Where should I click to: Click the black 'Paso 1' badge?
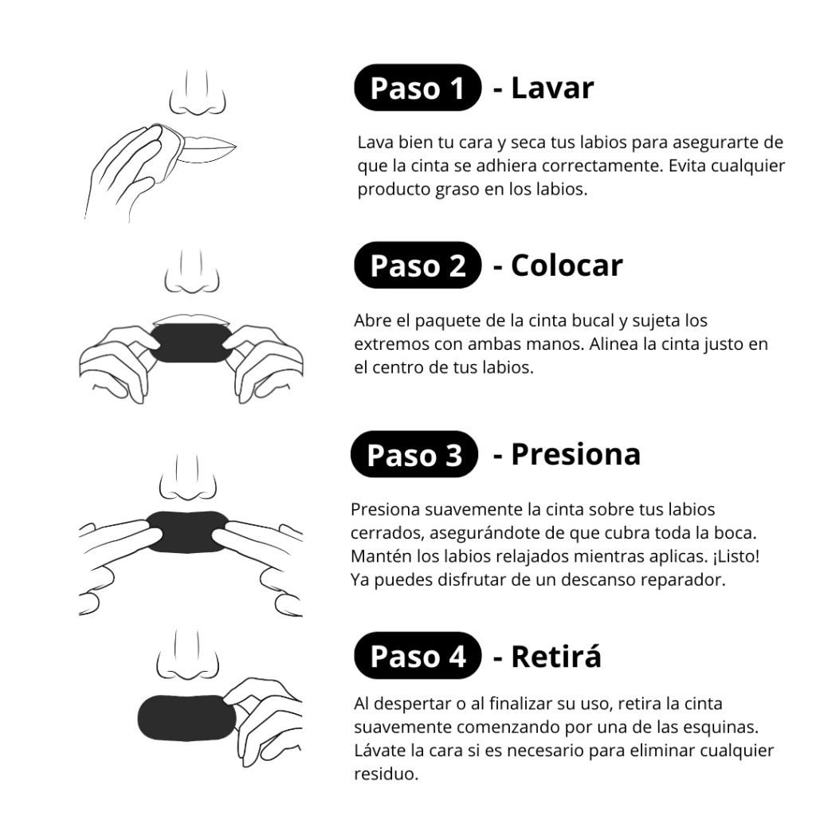point(418,88)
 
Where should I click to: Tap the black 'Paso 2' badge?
point(418,265)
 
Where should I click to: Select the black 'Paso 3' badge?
point(414,454)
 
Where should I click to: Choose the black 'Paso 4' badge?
point(418,655)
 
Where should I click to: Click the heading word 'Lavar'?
point(552,88)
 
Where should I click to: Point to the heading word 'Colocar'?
point(567,265)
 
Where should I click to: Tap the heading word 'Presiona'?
point(575,454)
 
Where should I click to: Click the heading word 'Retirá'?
point(555,656)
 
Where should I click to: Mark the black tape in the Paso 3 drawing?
point(188,532)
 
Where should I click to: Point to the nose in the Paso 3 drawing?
point(188,478)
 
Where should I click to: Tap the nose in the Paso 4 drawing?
point(187,655)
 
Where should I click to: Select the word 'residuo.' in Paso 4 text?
point(386,774)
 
